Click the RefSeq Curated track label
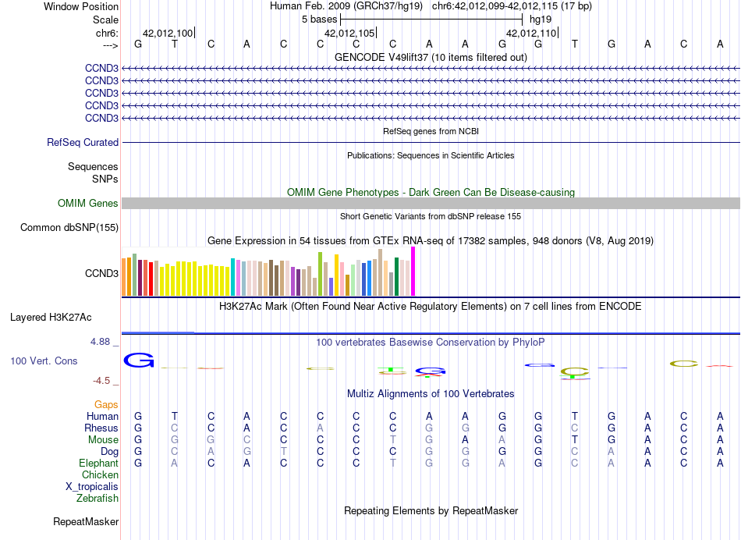pos(83,143)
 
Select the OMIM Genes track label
pos(88,204)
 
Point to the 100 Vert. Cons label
pos(44,361)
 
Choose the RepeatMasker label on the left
pos(86,521)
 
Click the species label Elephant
pos(98,464)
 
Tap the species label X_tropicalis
pos(92,487)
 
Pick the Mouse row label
pos(103,440)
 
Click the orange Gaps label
pos(107,405)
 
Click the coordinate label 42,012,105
pos(349,34)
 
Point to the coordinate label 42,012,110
pos(531,34)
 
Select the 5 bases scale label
pos(319,20)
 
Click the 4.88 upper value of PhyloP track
pos(104,342)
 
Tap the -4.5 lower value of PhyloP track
pos(104,381)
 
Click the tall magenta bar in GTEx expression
pos(413,272)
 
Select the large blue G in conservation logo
pos(140,361)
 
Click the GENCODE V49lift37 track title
pos(431,58)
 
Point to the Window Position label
pos(81,6)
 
